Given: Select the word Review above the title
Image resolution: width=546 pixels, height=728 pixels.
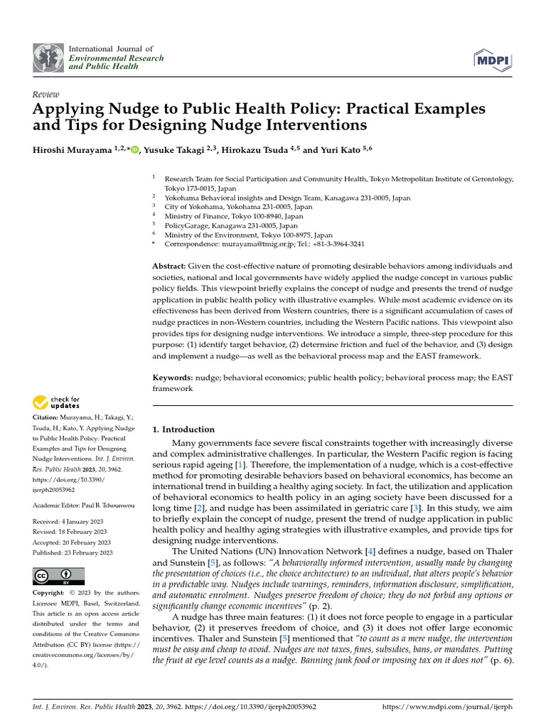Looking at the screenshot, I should [x=45, y=94].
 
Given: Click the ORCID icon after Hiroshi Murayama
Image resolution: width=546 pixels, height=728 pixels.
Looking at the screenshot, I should [x=136, y=149].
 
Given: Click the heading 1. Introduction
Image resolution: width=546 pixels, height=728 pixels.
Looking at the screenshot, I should [x=183, y=429].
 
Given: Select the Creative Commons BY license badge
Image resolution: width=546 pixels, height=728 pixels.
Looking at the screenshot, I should [x=59, y=576].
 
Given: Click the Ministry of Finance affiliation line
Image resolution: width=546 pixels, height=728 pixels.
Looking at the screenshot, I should [x=234, y=216].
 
